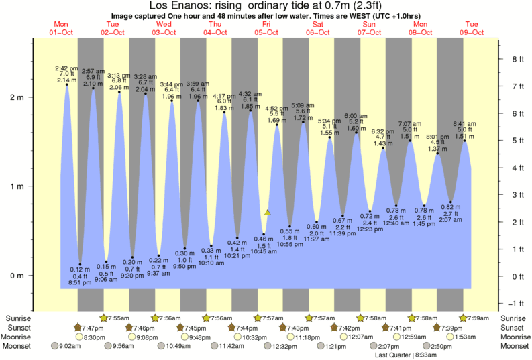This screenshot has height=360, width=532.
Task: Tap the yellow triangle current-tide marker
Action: (x=267, y=212)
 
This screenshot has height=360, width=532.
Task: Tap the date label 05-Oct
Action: (x=266, y=32)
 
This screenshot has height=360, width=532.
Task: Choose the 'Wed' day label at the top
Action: (x=163, y=25)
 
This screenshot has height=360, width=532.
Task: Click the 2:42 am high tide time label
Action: (x=66, y=68)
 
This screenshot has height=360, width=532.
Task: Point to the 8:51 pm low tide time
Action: (x=81, y=283)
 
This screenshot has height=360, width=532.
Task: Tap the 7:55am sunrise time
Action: (x=117, y=318)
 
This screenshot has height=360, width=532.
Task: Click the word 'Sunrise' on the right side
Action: (x=515, y=318)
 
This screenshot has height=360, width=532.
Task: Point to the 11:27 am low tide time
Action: (x=317, y=238)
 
